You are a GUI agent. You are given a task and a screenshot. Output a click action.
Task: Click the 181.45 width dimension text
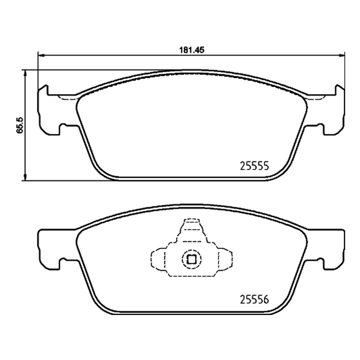point(192,50)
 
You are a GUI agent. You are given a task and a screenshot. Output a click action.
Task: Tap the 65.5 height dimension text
point(20,125)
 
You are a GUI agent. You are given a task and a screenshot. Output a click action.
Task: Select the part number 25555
point(254,166)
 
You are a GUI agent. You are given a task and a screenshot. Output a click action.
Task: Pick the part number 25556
point(254,299)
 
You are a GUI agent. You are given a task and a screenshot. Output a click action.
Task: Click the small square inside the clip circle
point(192,260)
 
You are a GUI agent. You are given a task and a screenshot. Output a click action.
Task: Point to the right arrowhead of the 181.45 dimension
point(342,55)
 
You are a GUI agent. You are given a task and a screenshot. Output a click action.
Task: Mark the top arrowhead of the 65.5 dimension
point(25,73)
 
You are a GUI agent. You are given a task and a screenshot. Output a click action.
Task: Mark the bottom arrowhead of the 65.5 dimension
point(25,177)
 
